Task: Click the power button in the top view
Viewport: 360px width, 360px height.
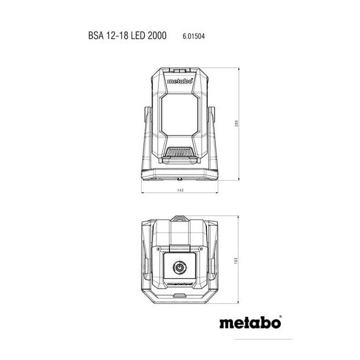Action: (x=180, y=268)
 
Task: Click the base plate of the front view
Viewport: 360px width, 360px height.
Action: (x=180, y=175)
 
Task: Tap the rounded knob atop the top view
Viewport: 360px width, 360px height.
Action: (x=180, y=217)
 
